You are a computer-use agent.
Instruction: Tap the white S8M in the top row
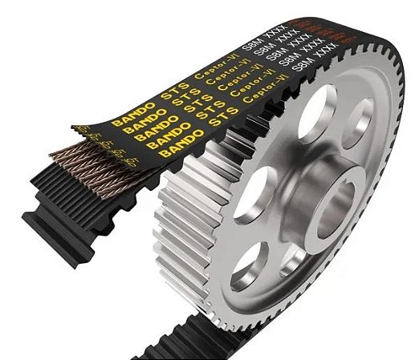260,37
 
